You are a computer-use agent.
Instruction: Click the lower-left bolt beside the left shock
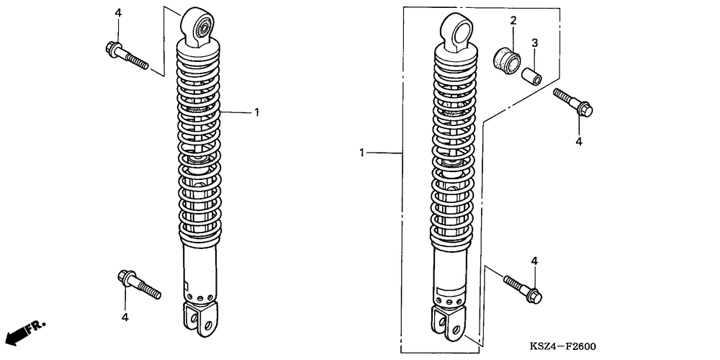pyautogui.click(x=138, y=284)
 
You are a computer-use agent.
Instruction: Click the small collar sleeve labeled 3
pyautogui.click(x=533, y=74)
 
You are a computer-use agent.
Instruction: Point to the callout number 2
pyautogui.click(x=513, y=20)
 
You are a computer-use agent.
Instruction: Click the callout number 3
pyautogui.click(x=535, y=43)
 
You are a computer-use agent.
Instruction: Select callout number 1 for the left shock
pyautogui.click(x=256, y=112)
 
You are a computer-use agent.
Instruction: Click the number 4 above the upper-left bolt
pyautogui.click(x=118, y=13)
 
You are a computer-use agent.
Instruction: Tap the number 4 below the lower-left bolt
pyautogui.click(x=125, y=317)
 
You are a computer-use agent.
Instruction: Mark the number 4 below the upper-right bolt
pyautogui.click(x=578, y=142)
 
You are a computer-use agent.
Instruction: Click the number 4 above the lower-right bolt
pyautogui.click(x=534, y=260)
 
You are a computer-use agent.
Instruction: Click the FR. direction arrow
pyautogui.click(x=23, y=332)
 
